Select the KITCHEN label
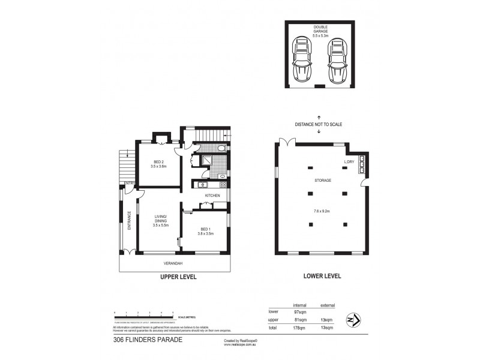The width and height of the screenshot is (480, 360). (x=212, y=195)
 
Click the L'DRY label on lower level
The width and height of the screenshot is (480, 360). (x=350, y=163)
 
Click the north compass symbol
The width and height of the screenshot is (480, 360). (x=354, y=320)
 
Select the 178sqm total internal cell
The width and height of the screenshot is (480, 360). (x=300, y=328)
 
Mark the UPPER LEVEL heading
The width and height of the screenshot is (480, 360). (x=179, y=277)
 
